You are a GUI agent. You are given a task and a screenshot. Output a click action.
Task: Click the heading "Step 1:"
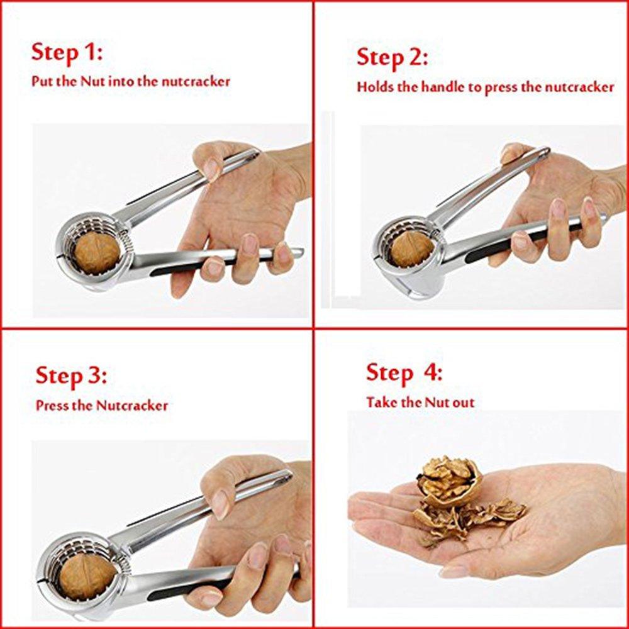tap(67, 53)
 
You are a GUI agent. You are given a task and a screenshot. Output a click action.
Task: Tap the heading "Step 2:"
tap(392, 57)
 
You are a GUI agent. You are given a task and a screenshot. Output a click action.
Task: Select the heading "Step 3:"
tap(71, 376)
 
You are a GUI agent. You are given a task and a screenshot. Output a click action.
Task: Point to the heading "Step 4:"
tap(404, 372)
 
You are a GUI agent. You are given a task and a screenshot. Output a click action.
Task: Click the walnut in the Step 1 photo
tap(97, 253)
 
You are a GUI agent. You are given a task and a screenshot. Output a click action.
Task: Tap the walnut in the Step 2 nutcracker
tap(411, 250)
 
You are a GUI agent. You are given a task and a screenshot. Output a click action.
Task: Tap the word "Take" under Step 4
tap(382, 402)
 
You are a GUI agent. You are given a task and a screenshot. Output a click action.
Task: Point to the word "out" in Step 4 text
tap(463, 403)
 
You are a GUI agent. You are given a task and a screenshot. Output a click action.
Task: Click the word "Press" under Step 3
tap(52, 405)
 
